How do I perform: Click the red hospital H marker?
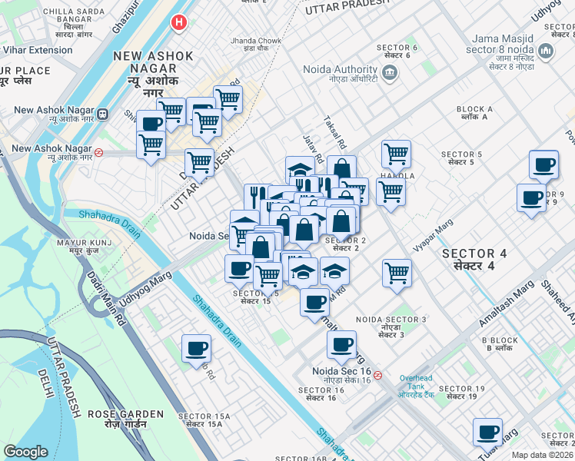(x=180, y=23)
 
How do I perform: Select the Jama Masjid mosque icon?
(x=547, y=51)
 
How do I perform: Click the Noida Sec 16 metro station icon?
(x=377, y=376)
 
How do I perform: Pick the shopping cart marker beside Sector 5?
(x=396, y=153)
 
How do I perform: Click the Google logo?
(x=25, y=452)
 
